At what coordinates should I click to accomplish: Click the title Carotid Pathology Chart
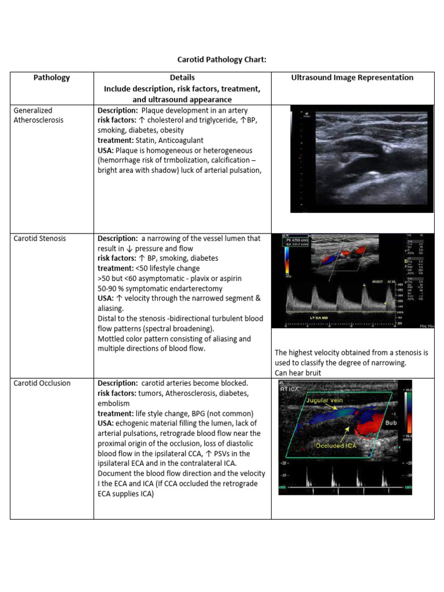[x=221, y=60]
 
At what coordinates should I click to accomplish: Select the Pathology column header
[x=51, y=77]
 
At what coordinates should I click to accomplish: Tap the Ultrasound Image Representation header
[x=352, y=77]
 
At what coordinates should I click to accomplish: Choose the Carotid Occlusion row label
[x=42, y=383]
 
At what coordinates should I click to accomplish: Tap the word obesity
[x=171, y=130]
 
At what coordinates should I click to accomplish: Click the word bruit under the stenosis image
[x=312, y=373]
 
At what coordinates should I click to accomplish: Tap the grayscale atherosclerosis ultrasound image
[x=361, y=158]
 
